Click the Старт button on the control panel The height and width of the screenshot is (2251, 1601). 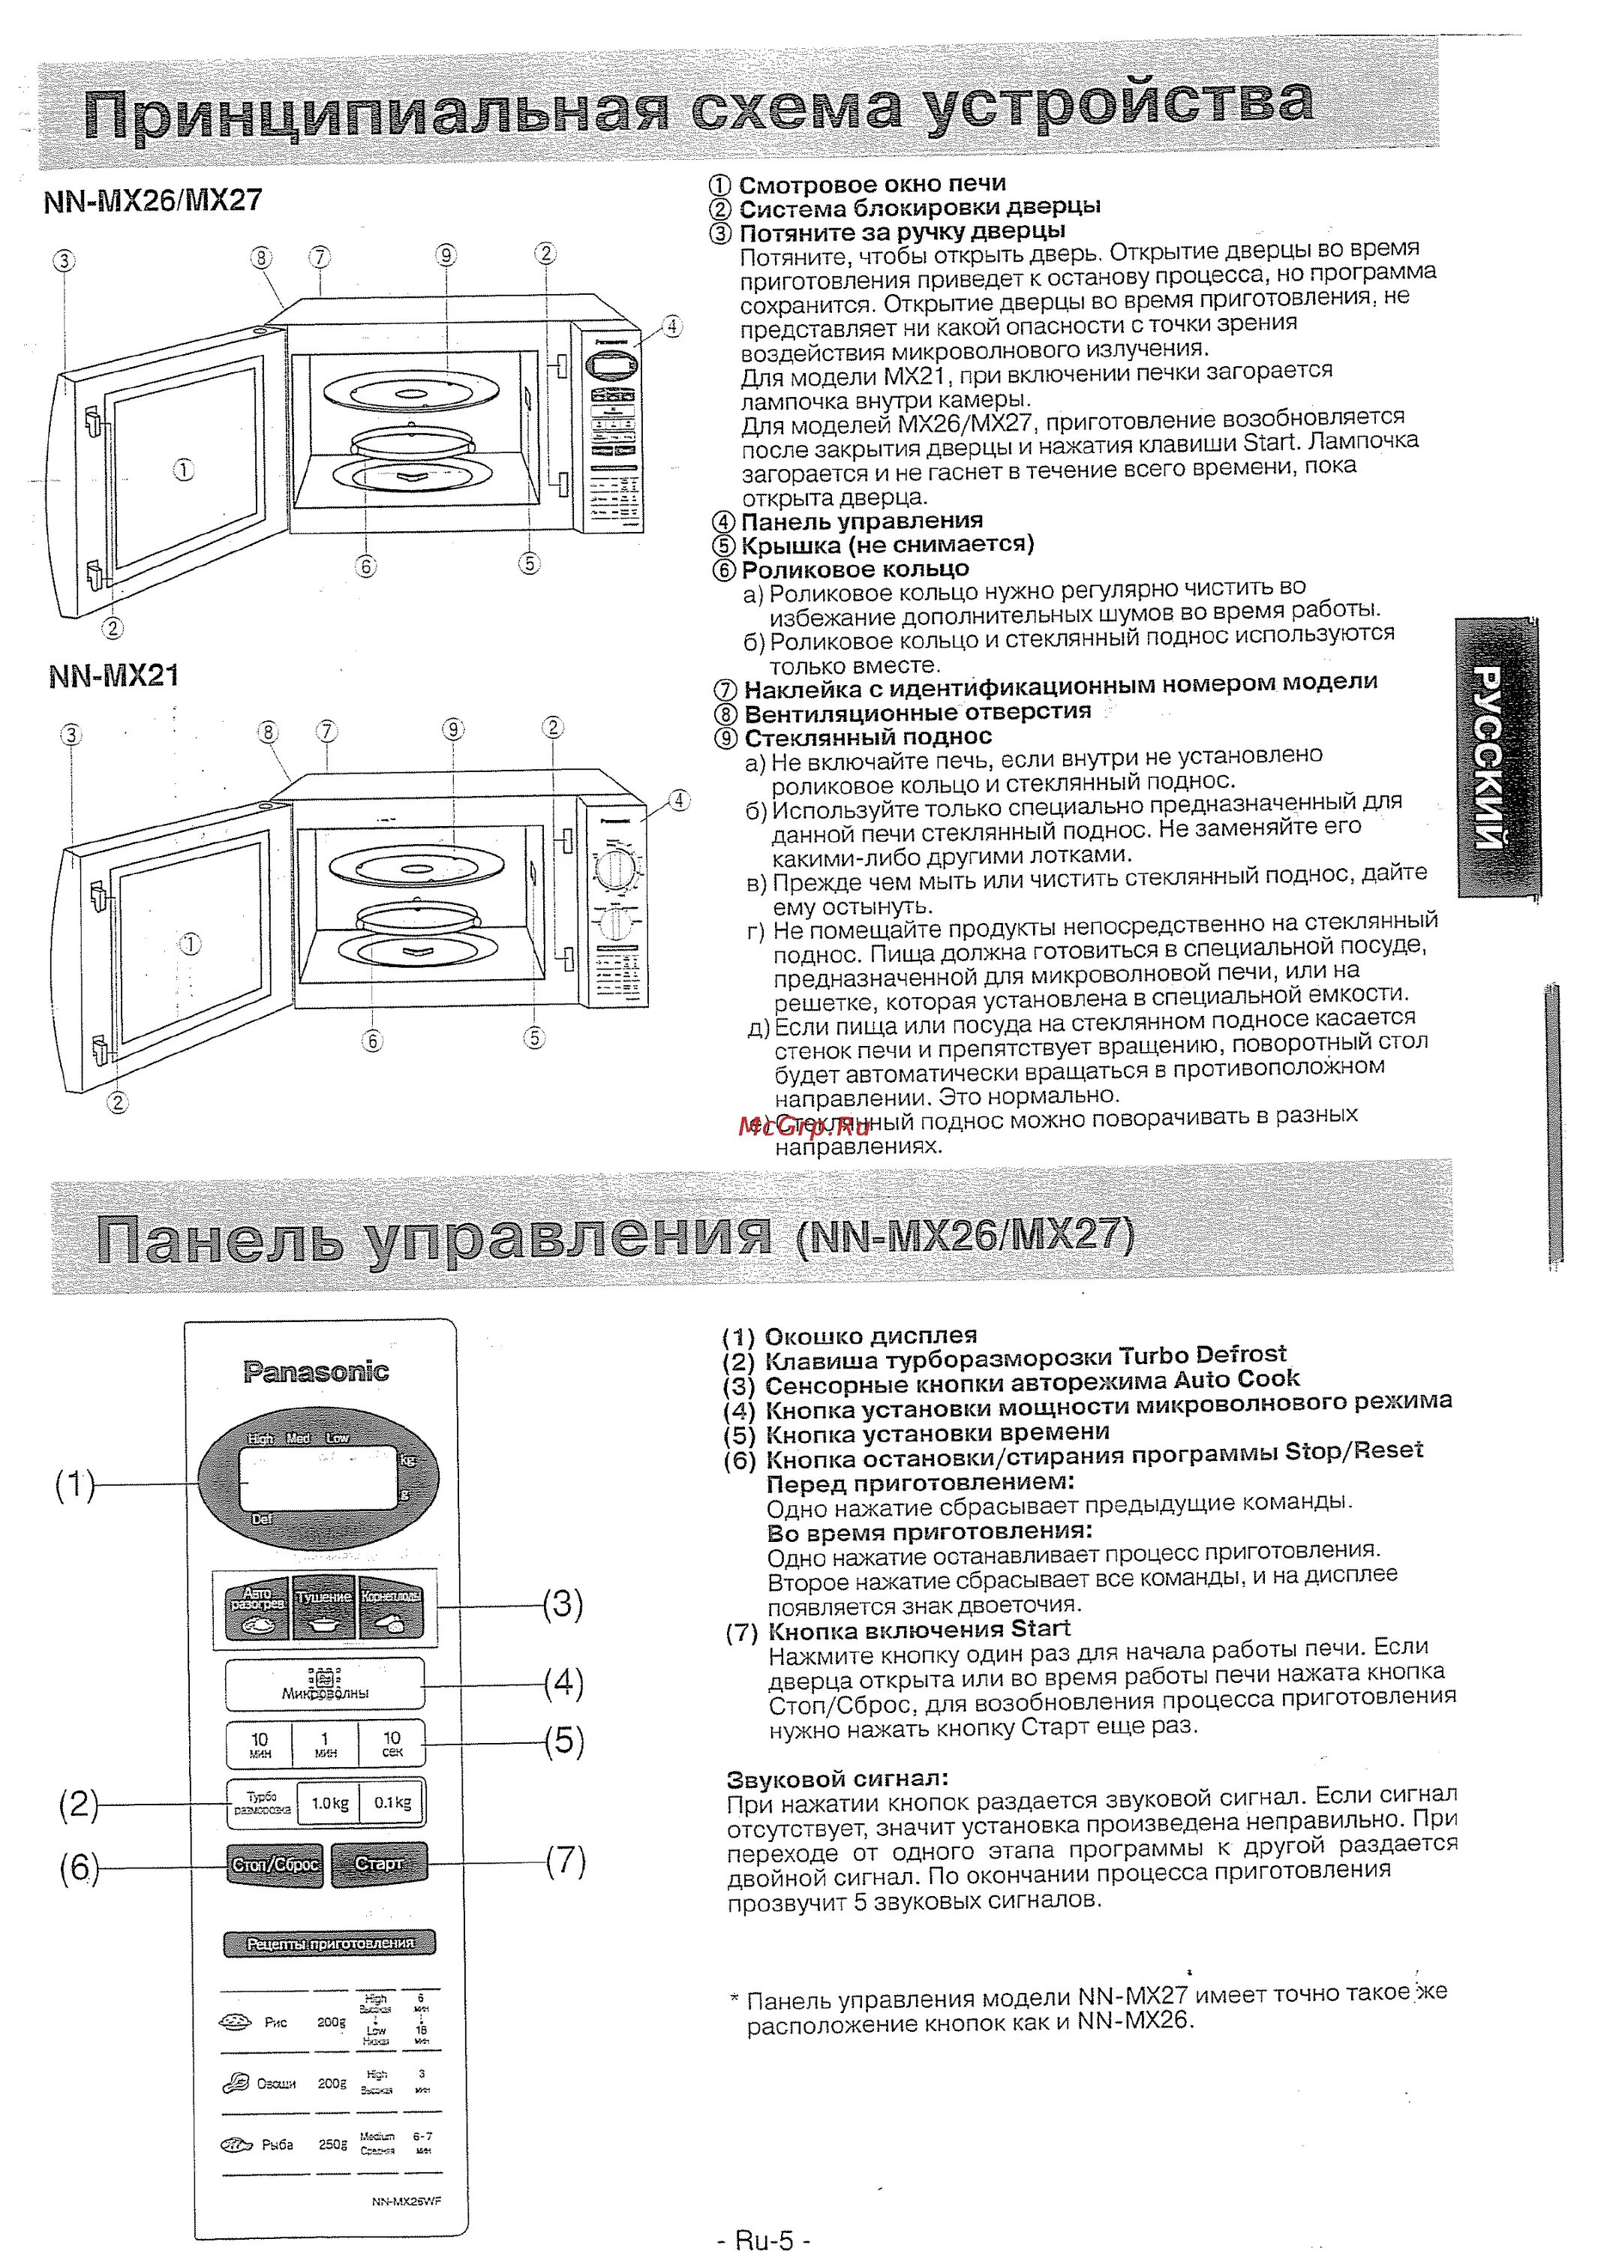point(379,1864)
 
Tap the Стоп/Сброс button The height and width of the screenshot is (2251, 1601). point(275,1864)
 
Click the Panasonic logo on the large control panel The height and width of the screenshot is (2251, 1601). point(317,1372)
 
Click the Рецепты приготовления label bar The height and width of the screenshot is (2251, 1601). point(329,1943)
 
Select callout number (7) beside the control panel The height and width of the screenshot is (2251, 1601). point(565,1862)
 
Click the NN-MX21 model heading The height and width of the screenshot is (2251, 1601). point(113,676)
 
